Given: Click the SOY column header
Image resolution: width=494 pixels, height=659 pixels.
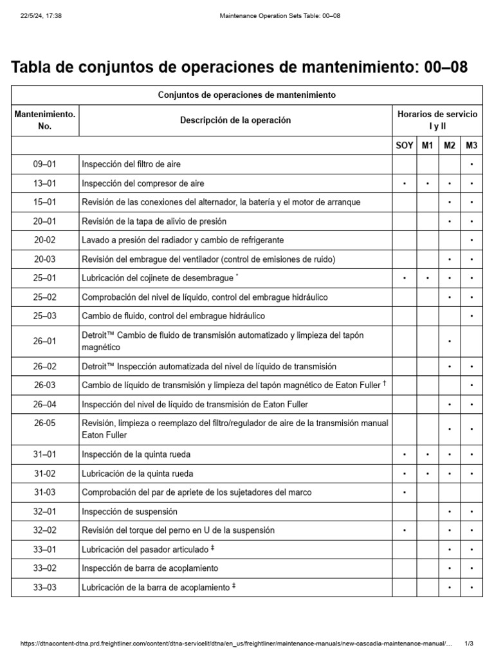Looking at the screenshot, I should (x=404, y=145).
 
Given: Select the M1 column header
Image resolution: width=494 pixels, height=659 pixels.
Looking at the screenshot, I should (x=428, y=145).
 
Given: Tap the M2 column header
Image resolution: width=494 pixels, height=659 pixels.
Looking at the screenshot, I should (x=450, y=145).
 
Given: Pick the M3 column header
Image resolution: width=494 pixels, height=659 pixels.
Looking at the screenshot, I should (x=471, y=145).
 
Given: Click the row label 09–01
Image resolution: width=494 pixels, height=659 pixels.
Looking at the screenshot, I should (x=45, y=164).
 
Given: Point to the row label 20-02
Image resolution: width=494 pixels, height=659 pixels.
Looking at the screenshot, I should (x=45, y=240).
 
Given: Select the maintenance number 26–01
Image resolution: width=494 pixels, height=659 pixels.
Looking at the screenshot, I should (x=45, y=341).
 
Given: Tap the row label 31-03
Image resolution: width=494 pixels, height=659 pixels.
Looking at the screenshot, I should (x=45, y=492).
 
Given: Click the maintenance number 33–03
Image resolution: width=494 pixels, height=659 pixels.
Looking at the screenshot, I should (x=45, y=587).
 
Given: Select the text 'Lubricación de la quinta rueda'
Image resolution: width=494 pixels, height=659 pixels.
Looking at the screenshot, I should (x=138, y=474).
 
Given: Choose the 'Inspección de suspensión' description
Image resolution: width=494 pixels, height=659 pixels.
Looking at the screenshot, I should (x=129, y=512).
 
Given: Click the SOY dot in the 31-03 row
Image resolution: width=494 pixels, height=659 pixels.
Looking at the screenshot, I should (x=404, y=493).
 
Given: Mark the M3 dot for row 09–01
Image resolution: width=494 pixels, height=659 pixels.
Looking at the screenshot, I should (x=471, y=165).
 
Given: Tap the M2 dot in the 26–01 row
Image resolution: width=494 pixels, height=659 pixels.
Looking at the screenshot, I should (x=450, y=342).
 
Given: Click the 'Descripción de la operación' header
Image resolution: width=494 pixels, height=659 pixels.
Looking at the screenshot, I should (x=235, y=120).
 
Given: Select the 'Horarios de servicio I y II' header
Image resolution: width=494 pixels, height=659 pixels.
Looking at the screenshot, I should (x=437, y=120).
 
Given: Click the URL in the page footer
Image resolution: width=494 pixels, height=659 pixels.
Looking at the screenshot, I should (x=232, y=644).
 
